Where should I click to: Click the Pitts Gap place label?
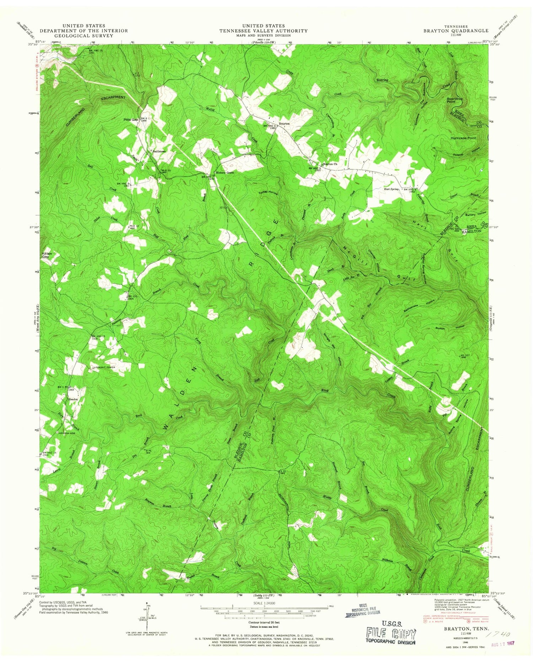click(x=130, y=120)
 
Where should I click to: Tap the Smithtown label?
click(x=159, y=151)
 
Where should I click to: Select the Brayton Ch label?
click(x=329, y=164)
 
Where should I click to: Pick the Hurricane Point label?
click(x=463, y=138)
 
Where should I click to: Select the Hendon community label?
click(x=73, y=399)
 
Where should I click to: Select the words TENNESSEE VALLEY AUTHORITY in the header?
click(x=263, y=31)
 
